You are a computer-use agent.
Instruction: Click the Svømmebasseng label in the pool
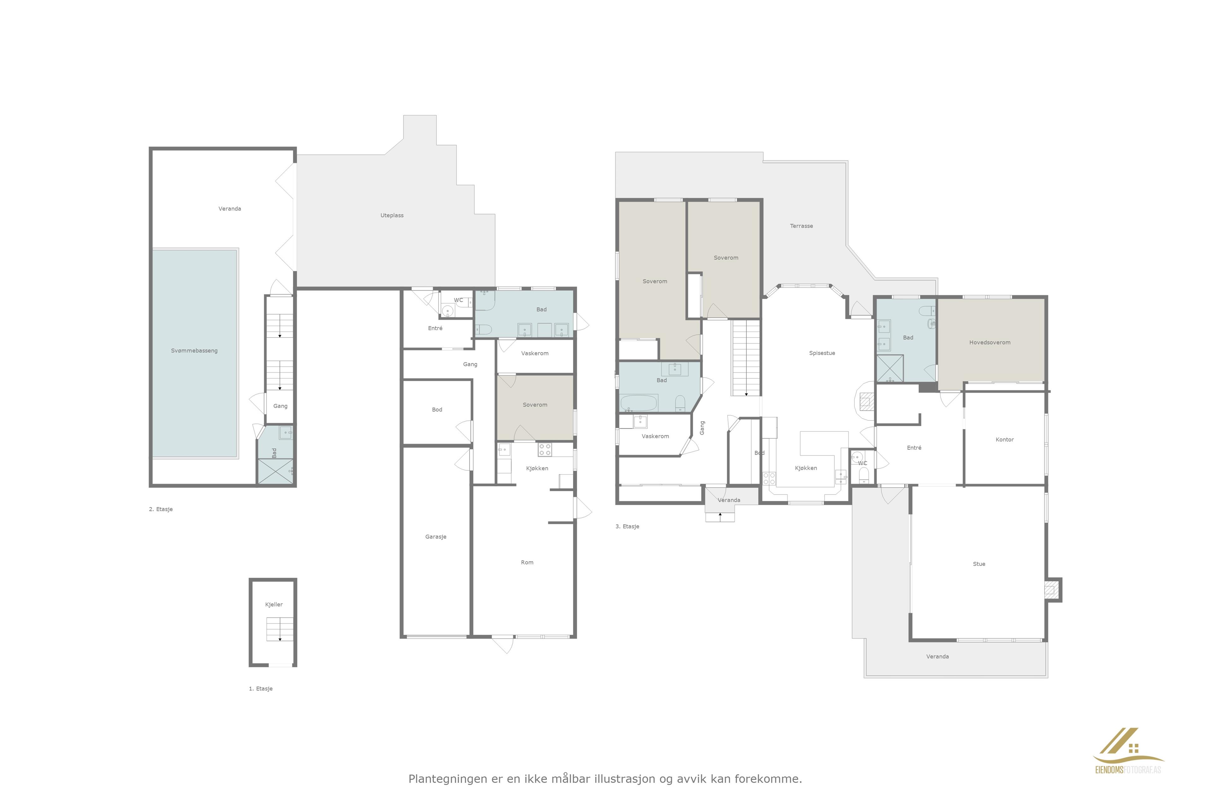[194, 351]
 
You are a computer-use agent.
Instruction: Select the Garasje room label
[436, 537]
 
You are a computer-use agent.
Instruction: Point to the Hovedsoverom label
[990, 342]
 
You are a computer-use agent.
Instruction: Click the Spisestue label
[822, 353]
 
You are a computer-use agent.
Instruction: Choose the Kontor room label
[1004, 439]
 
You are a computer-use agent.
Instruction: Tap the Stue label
[979, 564]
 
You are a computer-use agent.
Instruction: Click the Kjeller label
[274, 605]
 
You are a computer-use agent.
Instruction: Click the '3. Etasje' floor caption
[627, 526]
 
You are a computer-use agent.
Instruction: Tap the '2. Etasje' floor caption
[161, 509]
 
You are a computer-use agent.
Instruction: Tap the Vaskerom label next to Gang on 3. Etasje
[655, 436]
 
